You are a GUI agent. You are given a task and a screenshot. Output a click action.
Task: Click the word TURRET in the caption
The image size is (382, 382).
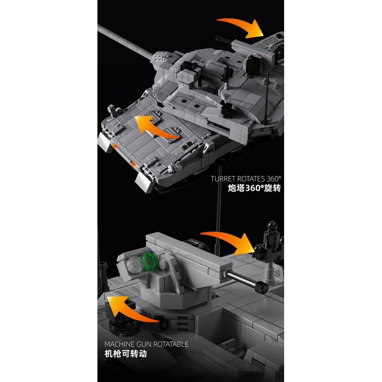(x=223, y=180)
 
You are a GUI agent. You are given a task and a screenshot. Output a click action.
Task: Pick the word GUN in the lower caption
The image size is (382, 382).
(x=149, y=344)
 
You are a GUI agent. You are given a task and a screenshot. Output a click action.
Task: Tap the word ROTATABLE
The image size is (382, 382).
(x=173, y=344)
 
